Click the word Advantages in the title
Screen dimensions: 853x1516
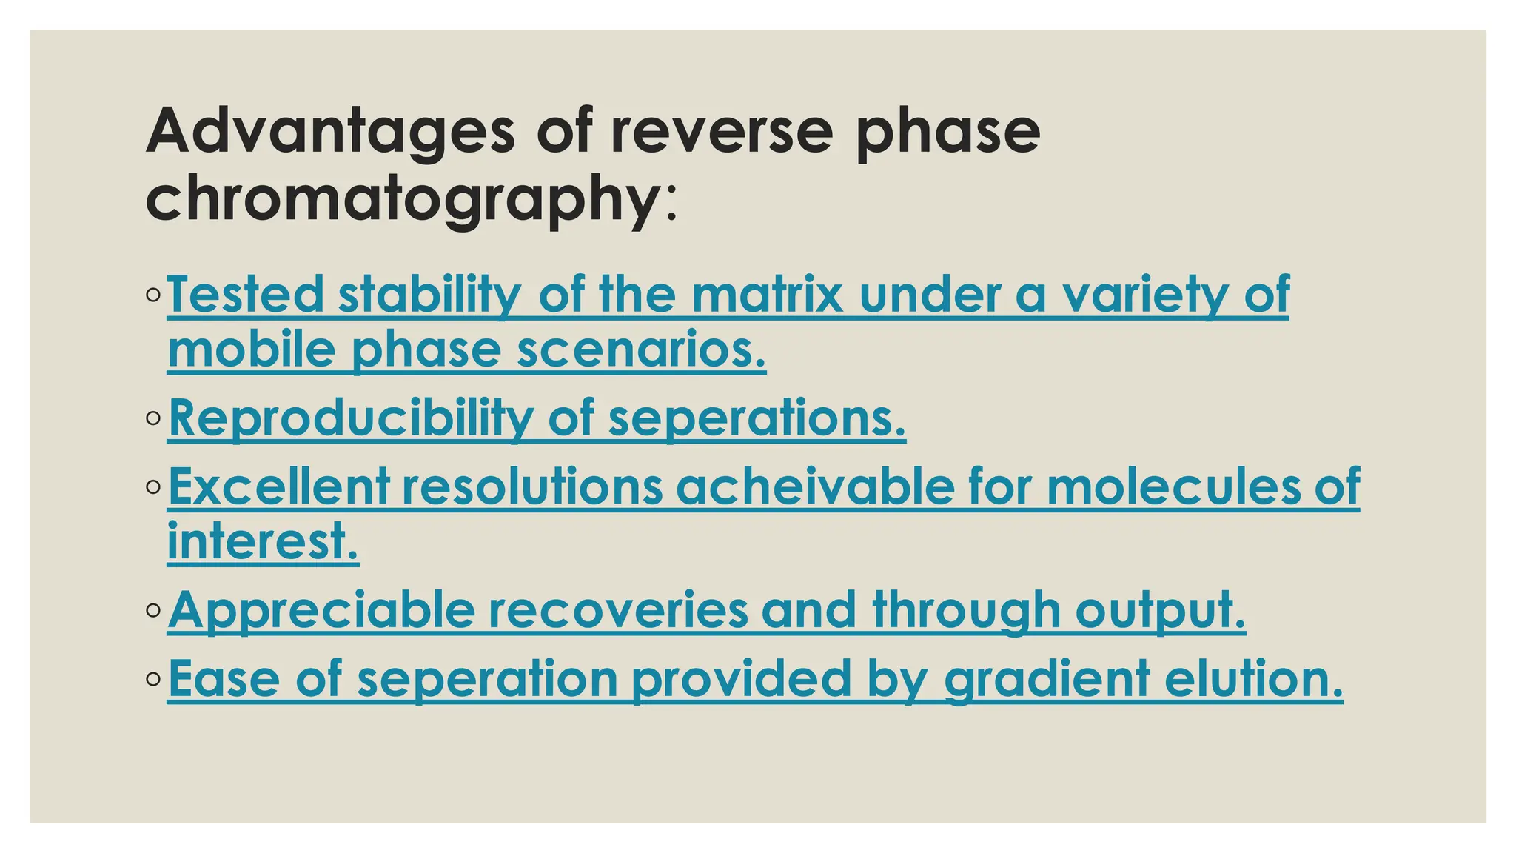coord(330,132)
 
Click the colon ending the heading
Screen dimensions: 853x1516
coord(671,204)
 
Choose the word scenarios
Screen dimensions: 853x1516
coord(641,349)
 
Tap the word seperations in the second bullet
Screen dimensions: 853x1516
coord(757,418)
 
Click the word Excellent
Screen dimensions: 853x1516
coord(279,486)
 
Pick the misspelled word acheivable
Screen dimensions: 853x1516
coord(815,486)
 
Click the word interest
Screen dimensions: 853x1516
coord(263,541)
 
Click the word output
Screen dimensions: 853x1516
coord(1160,611)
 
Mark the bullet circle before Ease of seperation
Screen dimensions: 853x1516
coord(153,678)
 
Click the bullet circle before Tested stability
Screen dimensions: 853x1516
coord(153,295)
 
